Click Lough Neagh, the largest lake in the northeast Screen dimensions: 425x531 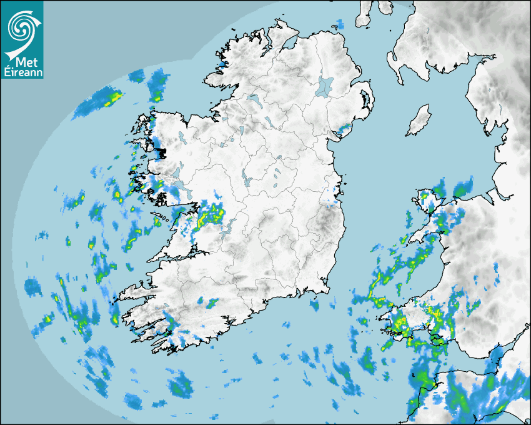[x=325, y=86]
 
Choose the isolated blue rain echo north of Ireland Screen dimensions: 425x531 [x=340, y=24]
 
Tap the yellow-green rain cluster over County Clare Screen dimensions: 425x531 [x=210, y=215]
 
